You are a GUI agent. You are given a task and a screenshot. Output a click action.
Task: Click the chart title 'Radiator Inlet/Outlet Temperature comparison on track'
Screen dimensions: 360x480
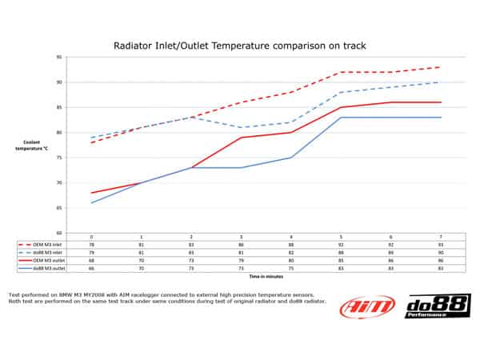[240, 46]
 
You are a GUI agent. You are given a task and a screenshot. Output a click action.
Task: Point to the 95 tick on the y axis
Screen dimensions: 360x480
[59, 58]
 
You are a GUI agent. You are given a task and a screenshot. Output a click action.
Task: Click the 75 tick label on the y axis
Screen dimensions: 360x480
[59, 158]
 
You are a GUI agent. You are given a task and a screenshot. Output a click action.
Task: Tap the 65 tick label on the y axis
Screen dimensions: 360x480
[59, 208]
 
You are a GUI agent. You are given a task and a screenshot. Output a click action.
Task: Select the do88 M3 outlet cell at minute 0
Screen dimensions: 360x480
[91, 268]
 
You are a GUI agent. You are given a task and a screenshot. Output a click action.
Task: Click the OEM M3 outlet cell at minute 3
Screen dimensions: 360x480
[240, 260]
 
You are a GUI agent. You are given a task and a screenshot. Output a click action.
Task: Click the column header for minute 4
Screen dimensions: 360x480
[290, 237]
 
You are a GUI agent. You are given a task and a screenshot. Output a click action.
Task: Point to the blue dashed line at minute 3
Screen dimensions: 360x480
[240, 128]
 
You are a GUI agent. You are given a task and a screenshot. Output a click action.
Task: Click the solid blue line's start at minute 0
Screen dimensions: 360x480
[91, 203]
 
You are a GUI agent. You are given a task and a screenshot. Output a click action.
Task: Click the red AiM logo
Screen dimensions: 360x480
[369, 306]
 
